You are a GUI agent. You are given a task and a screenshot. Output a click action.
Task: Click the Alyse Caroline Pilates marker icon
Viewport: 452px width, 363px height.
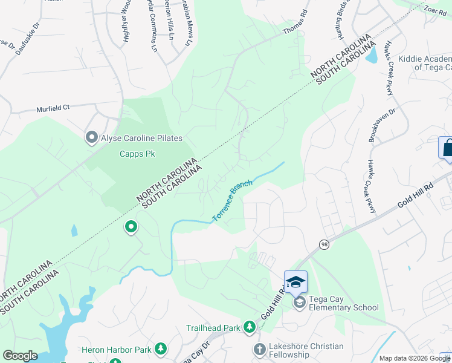[x=92, y=138]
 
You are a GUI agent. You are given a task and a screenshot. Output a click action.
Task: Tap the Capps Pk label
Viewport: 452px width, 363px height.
[x=137, y=154]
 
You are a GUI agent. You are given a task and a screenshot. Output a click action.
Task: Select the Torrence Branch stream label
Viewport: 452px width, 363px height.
[x=232, y=200]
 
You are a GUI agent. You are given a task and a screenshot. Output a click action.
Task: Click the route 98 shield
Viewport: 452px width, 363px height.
[x=323, y=243]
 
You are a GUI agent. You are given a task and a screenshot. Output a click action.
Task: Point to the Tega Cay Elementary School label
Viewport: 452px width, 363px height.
[x=344, y=303]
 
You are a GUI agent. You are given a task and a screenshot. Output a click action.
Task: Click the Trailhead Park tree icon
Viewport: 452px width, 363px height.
[x=249, y=327]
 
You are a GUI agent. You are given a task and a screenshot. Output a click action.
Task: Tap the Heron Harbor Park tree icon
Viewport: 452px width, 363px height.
[x=160, y=349]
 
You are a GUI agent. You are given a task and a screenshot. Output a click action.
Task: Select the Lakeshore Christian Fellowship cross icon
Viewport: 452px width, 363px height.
[x=259, y=349]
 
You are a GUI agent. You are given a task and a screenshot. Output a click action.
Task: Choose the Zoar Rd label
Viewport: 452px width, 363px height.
[x=434, y=10]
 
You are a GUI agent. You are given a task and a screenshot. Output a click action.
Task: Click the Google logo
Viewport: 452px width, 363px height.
[x=20, y=356]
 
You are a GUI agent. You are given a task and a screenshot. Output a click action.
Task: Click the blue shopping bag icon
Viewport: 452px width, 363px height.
[x=447, y=148]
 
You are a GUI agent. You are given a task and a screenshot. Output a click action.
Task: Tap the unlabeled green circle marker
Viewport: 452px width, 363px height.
[x=130, y=227]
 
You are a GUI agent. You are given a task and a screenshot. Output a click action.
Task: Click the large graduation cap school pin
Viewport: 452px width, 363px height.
[x=295, y=282]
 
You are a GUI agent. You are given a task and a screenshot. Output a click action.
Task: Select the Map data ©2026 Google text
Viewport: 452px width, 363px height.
[x=415, y=358]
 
